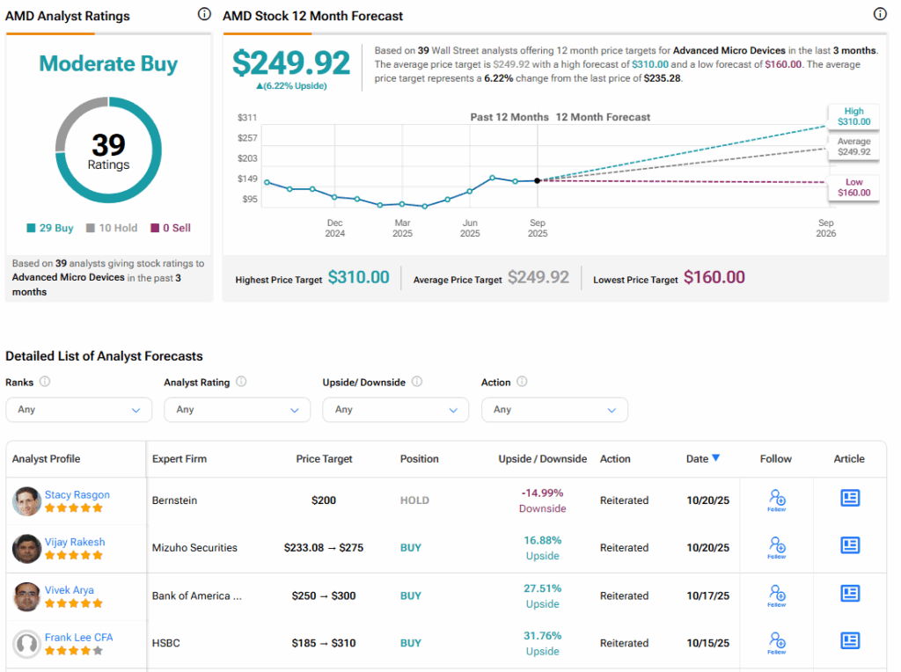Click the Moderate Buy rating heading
pyautogui.click(x=108, y=64)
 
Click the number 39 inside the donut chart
pyautogui.click(x=108, y=144)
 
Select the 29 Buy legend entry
pyautogui.click(x=50, y=228)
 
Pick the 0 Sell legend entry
pyautogui.click(x=170, y=228)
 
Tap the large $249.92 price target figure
pyautogui.click(x=291, y=62)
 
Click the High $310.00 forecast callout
pyautogui.click(x=853, y=117)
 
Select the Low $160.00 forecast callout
pyautogui.click(x=853, y=187)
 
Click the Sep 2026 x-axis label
pyautogui.click(x=825, y=229)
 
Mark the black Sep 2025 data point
pyautogui.click(x=538, y=180)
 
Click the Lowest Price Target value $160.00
pyautogui.click(x=714, y=278)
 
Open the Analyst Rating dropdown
pyautogui.click(x=237, y=410)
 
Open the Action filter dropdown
pyautogui.click(x=554, y=410)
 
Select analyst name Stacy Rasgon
pyautogui.click(x=77, y=494)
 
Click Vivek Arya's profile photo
pyautogui.click(x=27, y=596)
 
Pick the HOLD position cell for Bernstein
pyautogui.click(x=414, y=500)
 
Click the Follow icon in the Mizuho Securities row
pyautogui.click(x=777, y=548)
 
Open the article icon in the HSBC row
pyautogui.click(x=849, y=640)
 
